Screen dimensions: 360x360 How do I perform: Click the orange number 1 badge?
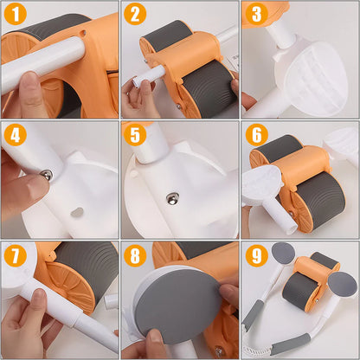click(15, 15)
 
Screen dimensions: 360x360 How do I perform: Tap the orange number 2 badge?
click(134, 15)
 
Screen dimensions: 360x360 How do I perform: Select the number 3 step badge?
click(254, 15)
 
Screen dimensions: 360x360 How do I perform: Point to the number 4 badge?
click(15, 135)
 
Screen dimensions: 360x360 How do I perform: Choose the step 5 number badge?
click(134, 135)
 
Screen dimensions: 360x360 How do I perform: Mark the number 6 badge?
click(254, 135)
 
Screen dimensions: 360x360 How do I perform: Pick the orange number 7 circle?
click(15, 255)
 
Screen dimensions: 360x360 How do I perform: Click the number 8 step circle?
click(134, 255)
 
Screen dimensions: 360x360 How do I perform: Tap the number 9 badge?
click(254, 255)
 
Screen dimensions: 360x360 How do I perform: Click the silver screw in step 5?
click(173, 199)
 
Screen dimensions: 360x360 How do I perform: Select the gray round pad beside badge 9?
click(283, 254)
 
